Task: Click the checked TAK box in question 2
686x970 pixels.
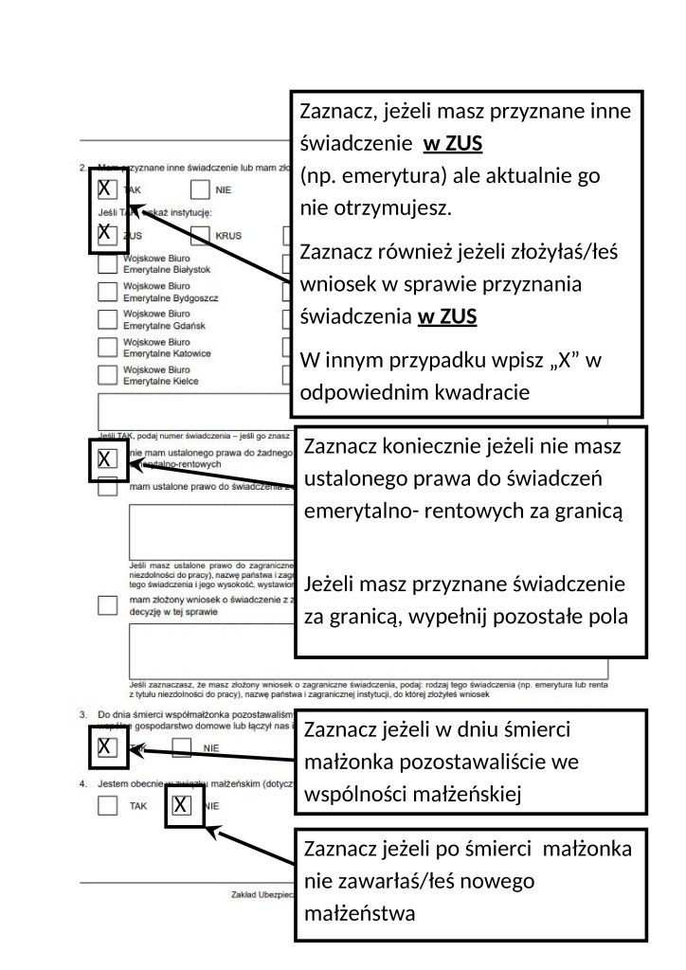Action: [108, 189]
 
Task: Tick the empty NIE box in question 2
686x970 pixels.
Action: [201, 189]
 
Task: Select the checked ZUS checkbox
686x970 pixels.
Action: [108, 234]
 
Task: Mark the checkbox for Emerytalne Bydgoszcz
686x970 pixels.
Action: [108, 292]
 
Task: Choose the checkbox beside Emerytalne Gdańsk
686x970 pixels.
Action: [108, 319]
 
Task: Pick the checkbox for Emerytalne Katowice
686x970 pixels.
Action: [108, 348]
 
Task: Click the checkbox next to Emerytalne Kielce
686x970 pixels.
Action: [108, 375]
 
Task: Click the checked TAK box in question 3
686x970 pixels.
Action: [108, 747]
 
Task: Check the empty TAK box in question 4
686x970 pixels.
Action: [108, 806]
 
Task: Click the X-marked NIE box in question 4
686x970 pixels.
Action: [184, 806]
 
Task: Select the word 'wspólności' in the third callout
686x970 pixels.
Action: [345, 794]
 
